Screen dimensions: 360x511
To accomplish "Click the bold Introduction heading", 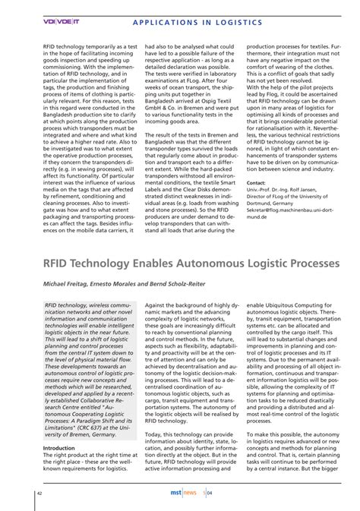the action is (x=58, y=448).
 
